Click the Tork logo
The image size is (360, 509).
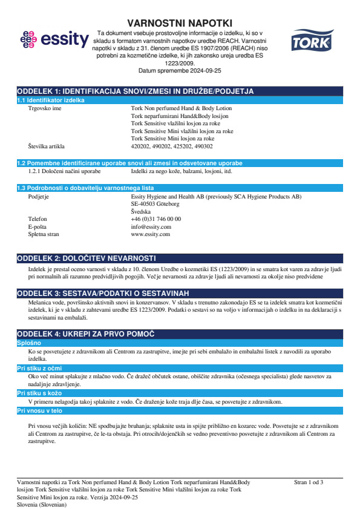tap(310, 41)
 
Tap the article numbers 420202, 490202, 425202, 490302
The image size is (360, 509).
tap(172, 146)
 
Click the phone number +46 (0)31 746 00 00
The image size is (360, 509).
tap(155, 219)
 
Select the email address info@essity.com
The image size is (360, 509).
tap(151, 226)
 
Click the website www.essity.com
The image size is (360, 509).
tap(150, 234)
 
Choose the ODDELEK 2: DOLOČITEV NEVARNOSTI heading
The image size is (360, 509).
tap(87, 258)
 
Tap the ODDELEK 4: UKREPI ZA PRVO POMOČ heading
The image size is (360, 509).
tap(86, 333)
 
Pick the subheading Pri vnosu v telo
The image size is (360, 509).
tap(39, 410)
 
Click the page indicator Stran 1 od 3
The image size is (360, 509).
tap(309, 482)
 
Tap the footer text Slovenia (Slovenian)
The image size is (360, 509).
tap(42, 504)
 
